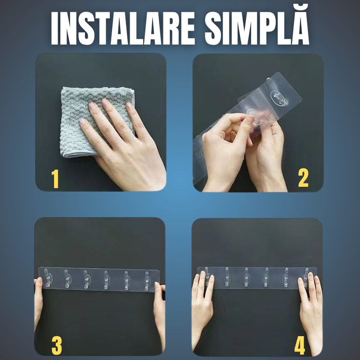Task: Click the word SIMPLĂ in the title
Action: coord(257,29)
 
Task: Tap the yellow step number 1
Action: coord(55,180)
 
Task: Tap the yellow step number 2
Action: coord(303,179)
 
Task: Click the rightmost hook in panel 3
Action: coord(147,279)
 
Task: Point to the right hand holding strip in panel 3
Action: coord(160,306)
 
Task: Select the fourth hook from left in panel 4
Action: coord(266,276)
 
